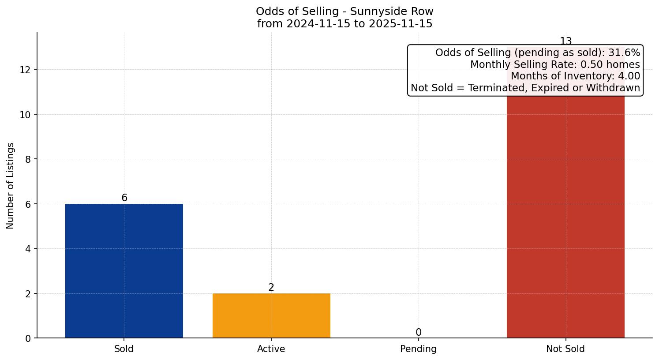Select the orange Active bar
(x=271, y=315)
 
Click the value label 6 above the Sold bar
(x=124, y=198)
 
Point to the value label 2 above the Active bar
(x=271, y=288)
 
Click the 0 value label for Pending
(x=418, y=333)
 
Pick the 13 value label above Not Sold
(x=565, y=41)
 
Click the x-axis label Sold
(x=124, y=349)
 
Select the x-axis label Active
(x=271, y=349)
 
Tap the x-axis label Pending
(x=418, y=349)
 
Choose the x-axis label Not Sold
(x=565, y=349)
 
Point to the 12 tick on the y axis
(x=25, y=70)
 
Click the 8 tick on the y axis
(x=28, y=159)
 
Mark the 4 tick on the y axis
(x=28, y=249)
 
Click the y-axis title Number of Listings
(x=11, y=185)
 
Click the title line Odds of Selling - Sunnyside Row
(x=344, y=11)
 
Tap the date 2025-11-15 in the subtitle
(x=401, y=24)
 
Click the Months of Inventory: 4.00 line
(x=575, y=76)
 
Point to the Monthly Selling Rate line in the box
(x=555, y=65)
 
